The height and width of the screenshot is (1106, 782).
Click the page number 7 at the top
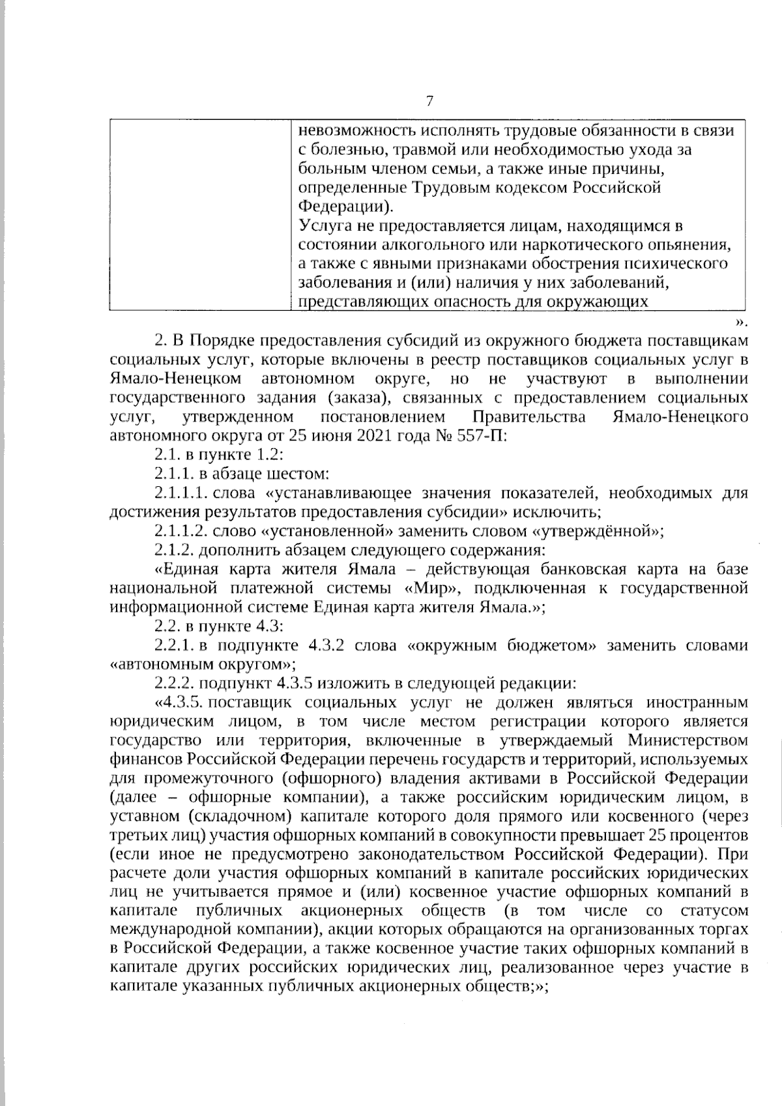(x=429, y=101)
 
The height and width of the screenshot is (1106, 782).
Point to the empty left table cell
(x=199, y=215)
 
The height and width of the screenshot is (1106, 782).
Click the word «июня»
(x=331, y=435)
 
